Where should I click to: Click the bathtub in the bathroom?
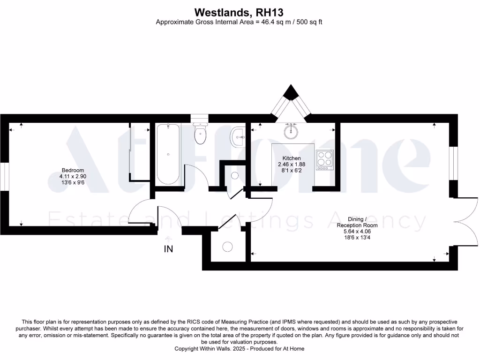(x=168, y=154)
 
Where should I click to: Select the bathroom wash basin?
(x=237, y=136)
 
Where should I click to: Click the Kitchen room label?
(x=292, y=158)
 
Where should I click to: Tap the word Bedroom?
(x=73, y=170)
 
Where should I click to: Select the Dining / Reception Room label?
(x=357, y=222)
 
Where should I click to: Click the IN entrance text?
(x=168, y=249)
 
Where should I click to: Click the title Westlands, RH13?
(x=240, y=12)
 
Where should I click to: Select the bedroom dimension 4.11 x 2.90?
(x=73, y=176)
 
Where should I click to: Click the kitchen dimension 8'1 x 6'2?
(x=292, y=171)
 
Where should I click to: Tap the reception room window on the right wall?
(x=453, y=163)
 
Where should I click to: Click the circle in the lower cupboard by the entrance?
(x=227, y=247)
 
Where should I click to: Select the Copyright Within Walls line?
(x=240, y=349)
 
